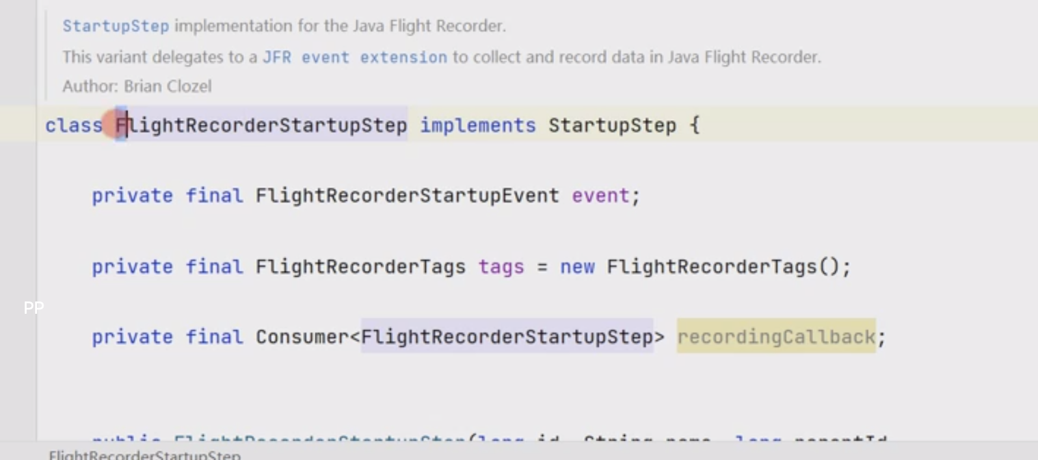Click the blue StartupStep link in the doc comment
tap(115, 26)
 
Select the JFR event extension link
tap(354, 57)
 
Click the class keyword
tap(73, 125)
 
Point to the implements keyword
tap(477, 125)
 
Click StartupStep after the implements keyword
tap(612, 125)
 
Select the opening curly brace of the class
tap(695, 125)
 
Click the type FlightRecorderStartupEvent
tap(407, 196)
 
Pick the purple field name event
tap(600, 196)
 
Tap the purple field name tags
tap(501, 267)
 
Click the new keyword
tap(577, 267)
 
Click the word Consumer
tap(302, 337)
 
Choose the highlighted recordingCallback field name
tap(776, 337)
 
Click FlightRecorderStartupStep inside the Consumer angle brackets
tap(507, 337)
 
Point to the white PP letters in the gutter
tap(33, 307)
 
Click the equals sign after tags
tap(542, 267)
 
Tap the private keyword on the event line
tap(132, 196)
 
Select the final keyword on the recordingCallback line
tap(214, 337)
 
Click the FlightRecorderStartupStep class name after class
tap(261, 125)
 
